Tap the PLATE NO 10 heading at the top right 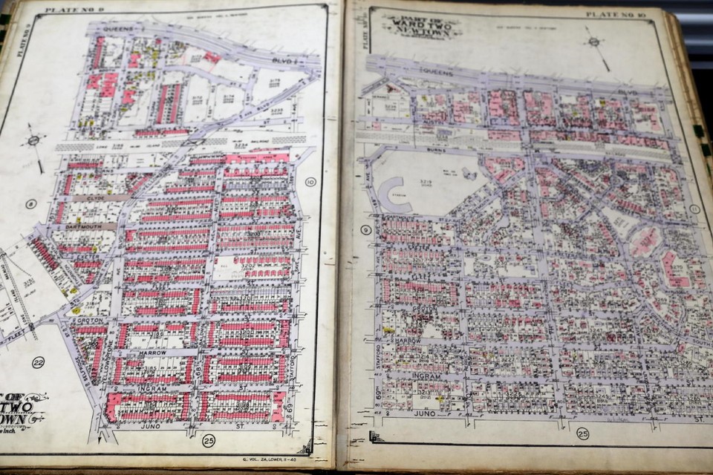click(x=608, y=14)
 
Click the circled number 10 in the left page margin click(x=310, y=182)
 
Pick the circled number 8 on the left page click(x=30, y=204)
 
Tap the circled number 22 click(x=38, y=362)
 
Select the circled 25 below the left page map click(x=208, y=442)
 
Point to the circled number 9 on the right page click(x=366, y=229)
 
